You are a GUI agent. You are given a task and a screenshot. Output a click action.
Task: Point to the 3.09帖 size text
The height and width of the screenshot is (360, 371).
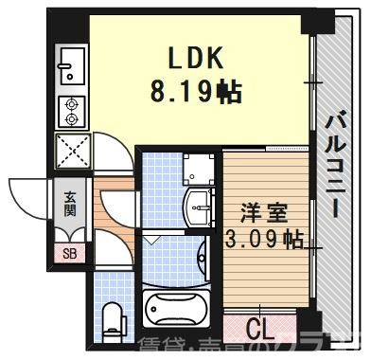coord(262,238)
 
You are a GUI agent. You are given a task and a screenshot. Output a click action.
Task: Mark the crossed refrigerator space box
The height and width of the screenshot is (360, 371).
coord(71,151)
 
